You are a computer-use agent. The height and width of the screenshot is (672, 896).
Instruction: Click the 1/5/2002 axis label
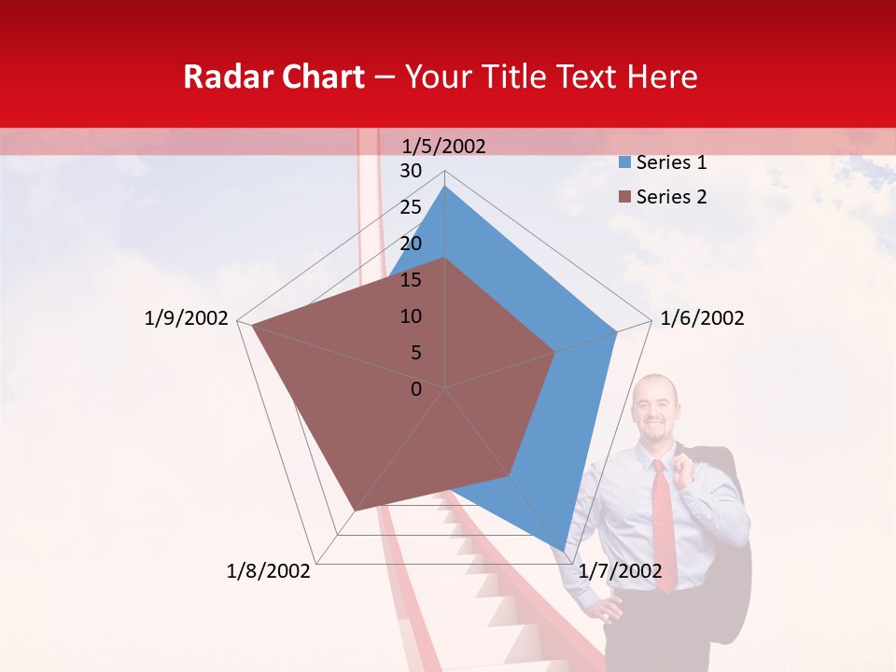(444, 146)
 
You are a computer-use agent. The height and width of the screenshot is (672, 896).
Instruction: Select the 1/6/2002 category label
(702, 318)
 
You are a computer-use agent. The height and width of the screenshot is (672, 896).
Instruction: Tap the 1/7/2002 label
(621, 571)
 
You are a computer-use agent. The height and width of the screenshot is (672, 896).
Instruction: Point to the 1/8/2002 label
(269, 571)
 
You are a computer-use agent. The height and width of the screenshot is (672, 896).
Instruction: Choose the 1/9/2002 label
(187, 318)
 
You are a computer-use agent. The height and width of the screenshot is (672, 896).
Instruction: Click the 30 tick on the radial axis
(411, 171)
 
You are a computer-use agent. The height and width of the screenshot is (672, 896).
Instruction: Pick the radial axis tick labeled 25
(411, 207)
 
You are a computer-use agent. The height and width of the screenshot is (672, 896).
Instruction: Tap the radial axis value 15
(411, 280)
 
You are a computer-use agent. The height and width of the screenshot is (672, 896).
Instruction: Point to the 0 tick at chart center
(416, 389)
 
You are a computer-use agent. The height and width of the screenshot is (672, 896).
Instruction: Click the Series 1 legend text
(671, 162)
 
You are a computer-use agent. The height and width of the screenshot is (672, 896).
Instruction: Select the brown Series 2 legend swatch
(624, 197)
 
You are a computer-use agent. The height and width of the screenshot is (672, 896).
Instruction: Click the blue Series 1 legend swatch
(624, 163)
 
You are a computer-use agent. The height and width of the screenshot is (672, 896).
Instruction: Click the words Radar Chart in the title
(273, 77)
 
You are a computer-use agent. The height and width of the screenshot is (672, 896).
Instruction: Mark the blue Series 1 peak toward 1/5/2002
(445, 187)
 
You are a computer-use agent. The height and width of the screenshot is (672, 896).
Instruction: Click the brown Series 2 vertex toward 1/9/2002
(252, 326)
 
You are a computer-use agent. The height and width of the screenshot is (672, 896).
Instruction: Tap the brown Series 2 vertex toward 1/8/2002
(354, 511)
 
